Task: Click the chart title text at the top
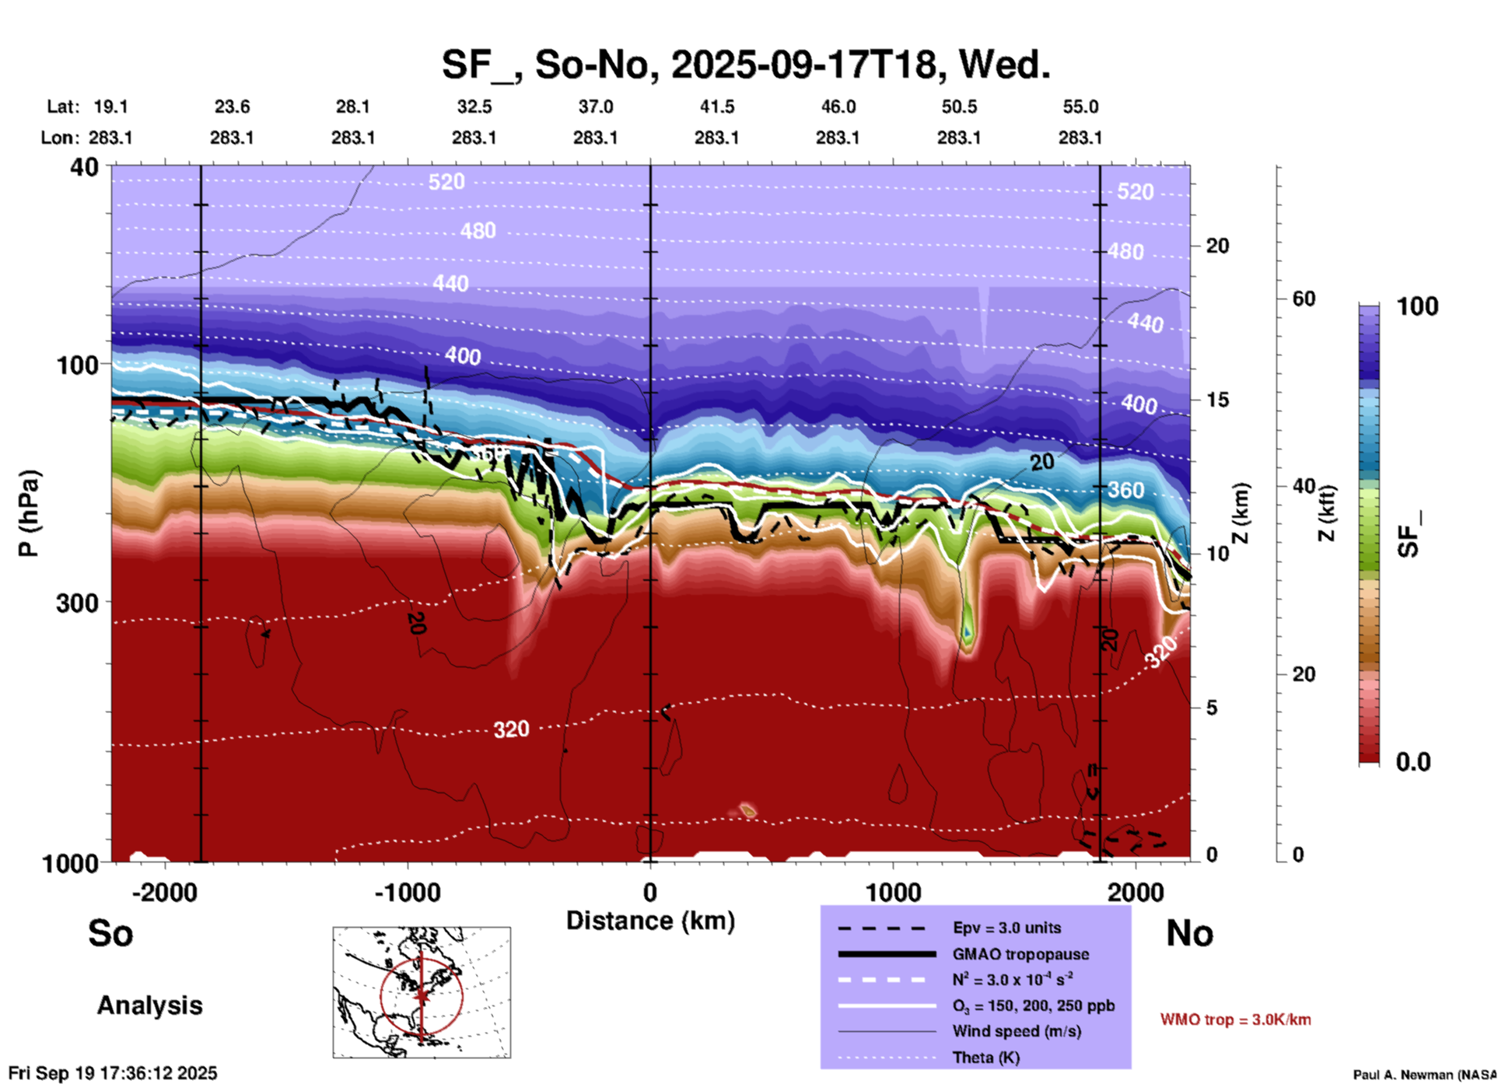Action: (x=745, y=64)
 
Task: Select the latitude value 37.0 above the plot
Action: (x=595, y=107)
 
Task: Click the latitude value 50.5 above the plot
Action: (x=958, y=107)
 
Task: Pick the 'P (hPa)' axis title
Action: (x=29, y=513)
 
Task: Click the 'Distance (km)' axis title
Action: (x=650, y=921)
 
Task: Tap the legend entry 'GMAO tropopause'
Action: (x=1020, y=954)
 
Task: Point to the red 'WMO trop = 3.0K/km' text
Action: (x=1235, y=1019)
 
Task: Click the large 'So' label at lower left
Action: (x=110, y=933)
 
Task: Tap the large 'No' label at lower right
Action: (x=1189, y=933)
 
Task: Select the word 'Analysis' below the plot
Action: (x=149, y=1005)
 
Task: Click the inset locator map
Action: (x=422, y=992)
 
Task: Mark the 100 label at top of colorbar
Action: (x=1417, y=306)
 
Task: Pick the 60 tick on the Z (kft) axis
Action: (x=1304, y=299)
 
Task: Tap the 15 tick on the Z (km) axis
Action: (x=1217, y=400)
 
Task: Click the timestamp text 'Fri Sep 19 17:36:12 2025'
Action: (x=113, y=1073)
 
